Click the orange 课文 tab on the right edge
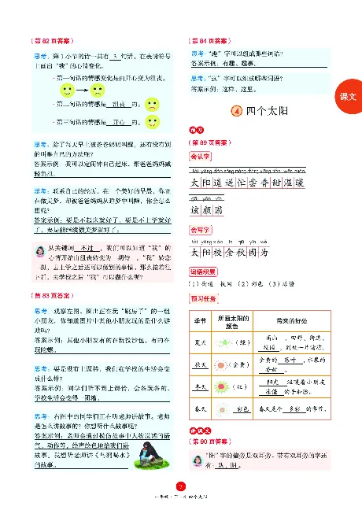click(347, 95)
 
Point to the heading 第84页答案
click(207, 39)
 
